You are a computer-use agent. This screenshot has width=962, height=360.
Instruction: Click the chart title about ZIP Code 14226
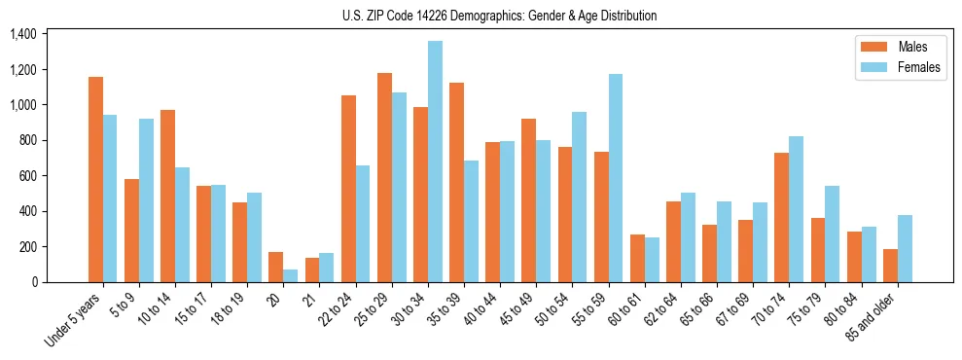[499, 16]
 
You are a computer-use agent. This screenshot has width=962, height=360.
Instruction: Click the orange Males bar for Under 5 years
[95, 179]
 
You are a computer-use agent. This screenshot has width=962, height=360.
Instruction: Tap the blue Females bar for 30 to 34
[435, 162]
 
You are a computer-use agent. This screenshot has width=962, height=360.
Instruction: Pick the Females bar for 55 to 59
[616, 178]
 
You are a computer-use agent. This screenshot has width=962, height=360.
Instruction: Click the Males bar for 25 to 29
[384, 177]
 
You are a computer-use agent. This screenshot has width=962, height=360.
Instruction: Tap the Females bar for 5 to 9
[146, 200]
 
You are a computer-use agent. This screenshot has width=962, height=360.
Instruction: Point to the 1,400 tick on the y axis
[22, 34]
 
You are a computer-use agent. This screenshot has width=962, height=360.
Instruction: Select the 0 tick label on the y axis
[33, 282]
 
